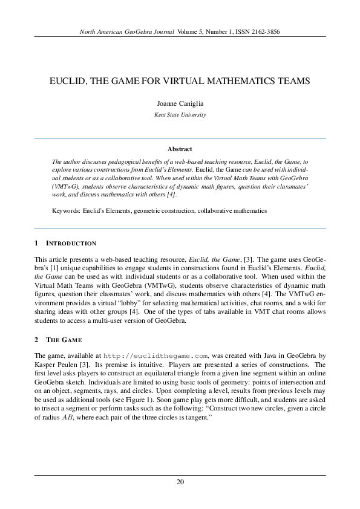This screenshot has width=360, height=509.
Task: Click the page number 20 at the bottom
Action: click(180, 482)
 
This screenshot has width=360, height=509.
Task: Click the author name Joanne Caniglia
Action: click(180, 103)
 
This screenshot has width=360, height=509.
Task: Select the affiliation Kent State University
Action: click(180, 114)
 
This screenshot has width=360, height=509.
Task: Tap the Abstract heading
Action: click(180, 148)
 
